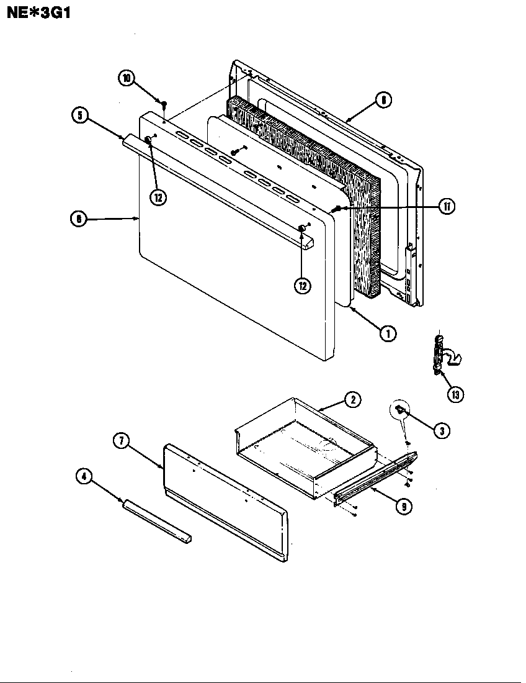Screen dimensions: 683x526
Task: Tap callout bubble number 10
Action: coord(127,78)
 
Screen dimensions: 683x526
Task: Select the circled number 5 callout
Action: coord(80,115)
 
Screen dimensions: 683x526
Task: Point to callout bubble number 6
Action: coord(78,219)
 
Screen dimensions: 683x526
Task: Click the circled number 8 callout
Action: coord(384,99)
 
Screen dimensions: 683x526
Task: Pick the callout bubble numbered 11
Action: coord(446,207)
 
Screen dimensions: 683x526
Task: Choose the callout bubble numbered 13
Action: coord(456,394)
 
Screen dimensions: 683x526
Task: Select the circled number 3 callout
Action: coord(441,430)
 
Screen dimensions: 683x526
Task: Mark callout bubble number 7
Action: coord(122,441)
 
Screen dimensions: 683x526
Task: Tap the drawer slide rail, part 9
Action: coord(375,476)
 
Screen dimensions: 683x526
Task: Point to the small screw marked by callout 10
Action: coord(165,104)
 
